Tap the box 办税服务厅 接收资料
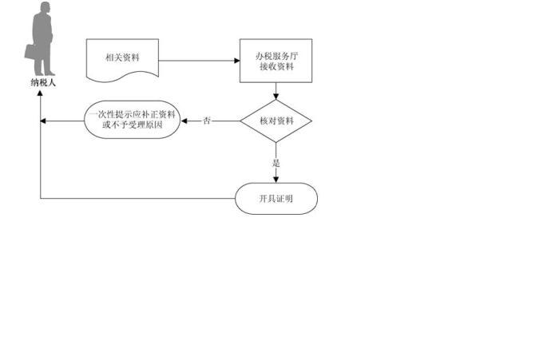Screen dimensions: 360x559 [276, 61]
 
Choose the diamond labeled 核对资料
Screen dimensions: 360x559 [276, 121]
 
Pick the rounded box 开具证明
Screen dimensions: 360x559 [276, 198]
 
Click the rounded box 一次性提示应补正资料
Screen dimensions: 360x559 [133, 121]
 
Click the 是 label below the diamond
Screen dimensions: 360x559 [276, 163]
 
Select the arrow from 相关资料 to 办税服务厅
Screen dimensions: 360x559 [200, 61]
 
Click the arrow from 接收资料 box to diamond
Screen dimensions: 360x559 [276, 91]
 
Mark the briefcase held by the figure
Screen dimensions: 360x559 [30, 52]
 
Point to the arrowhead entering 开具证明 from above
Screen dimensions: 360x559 [276, 179]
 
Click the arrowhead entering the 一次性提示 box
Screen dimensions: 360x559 [185, 121]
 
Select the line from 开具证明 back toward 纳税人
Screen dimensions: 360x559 [136, 198]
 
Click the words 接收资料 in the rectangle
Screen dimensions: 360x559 [276, 67]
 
